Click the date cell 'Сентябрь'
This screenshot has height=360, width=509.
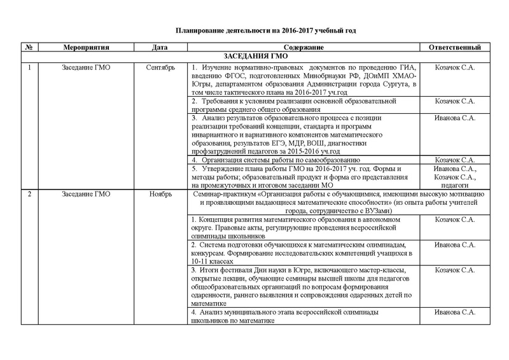tap(160, 67)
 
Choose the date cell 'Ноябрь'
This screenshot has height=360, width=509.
tap(160, 193)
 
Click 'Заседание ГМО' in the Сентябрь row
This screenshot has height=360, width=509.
tap(87, 67)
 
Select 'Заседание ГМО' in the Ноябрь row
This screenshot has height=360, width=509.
tap(87, 193)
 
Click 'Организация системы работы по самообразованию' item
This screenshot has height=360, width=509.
tap(280, 160)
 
